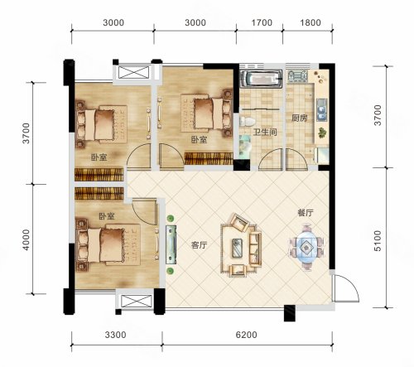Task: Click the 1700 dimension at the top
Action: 262,22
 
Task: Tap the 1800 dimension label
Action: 310,22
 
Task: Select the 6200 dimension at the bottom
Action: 246,335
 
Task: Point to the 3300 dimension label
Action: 116,335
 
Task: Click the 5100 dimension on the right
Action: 378,241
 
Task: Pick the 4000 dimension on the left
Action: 26,239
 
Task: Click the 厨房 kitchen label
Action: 300,118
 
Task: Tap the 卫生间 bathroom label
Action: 265,132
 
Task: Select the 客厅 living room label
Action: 199,245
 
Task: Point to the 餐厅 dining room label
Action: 306,213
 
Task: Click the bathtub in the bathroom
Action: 261,79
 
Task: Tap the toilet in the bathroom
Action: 248,122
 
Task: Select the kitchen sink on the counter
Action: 321,109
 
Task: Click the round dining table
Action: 306,245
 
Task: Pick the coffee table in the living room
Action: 238,248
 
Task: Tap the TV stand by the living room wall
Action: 171,244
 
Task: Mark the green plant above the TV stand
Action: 171,219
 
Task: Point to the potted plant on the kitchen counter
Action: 321,133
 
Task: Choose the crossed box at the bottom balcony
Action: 137,301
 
